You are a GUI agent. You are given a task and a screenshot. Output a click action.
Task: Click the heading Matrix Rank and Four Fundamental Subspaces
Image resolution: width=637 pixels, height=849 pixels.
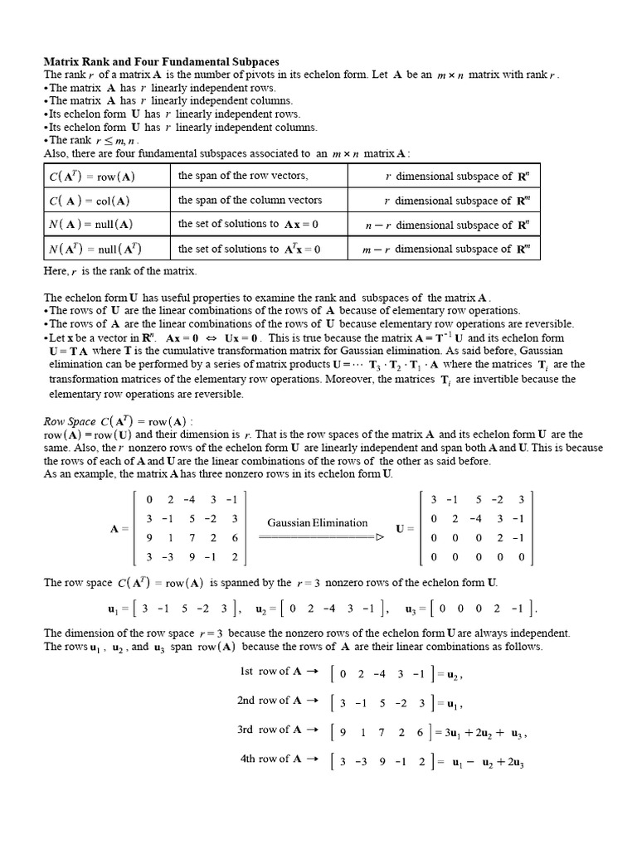(x=161, y=62)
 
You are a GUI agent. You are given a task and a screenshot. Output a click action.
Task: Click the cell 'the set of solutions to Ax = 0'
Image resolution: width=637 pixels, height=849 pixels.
(x=248, y=225)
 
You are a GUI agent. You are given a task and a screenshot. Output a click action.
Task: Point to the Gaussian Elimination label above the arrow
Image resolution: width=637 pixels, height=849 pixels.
(x=317, y=522)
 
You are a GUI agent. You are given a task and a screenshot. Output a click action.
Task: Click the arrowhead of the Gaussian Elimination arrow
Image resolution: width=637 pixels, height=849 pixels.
(x=380, y=537)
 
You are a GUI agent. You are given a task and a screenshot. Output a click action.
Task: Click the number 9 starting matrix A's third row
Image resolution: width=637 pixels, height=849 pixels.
(x=148, y=538)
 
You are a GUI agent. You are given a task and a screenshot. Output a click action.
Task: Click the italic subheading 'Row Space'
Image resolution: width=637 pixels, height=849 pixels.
(x=69, y=420)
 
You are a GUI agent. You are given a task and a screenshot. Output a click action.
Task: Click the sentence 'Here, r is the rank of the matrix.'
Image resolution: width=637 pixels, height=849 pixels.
(x=120, y=271)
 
